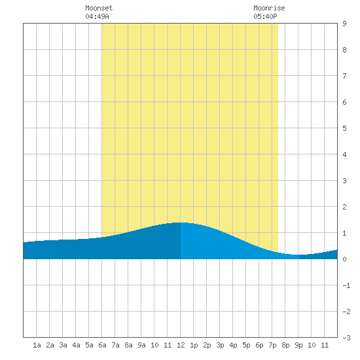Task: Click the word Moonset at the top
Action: click(99, 8)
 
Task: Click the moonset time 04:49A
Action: click(97, 16)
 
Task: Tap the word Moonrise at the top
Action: click(269, 8)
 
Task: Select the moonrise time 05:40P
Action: click(265, 16)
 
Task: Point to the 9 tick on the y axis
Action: click(344, 24)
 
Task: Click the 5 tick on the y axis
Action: click(344, 128)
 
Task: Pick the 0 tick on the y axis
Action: click(344, 259)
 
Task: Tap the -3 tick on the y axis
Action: click(346, 338)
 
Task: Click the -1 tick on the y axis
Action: click(346, 285)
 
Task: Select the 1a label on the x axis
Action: click(37, 345)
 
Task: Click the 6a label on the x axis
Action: click(102, 345)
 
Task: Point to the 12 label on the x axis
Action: click(181, 345)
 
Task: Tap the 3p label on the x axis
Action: click(220, 345)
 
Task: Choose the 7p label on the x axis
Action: click(272, 345)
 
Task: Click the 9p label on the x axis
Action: click(298, 345)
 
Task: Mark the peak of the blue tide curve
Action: click(180, 223)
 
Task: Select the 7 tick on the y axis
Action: click(344, 76)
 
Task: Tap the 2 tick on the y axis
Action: click(344, 207)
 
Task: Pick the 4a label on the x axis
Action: click(76, 345)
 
